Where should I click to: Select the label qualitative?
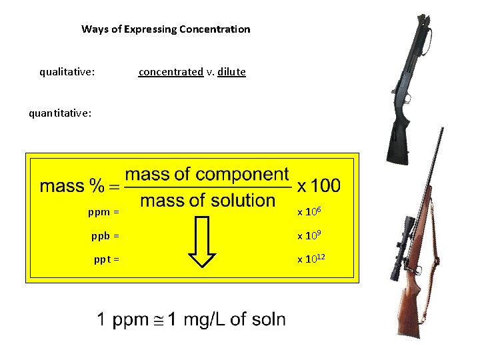(67, 71)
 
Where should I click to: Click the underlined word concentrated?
(171, 71)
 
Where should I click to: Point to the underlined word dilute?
(231, 71)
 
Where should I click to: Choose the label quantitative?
(60, 113)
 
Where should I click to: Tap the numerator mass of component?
(207, 175)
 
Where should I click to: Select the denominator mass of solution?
(207, 200)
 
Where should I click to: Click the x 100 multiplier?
(319, 185)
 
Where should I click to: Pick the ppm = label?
(103, 213)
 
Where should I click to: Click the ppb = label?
(105, 236)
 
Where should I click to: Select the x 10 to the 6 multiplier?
(311, 211)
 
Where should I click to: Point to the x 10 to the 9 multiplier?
(311, 235)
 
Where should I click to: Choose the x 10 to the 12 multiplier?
(313, 259)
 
